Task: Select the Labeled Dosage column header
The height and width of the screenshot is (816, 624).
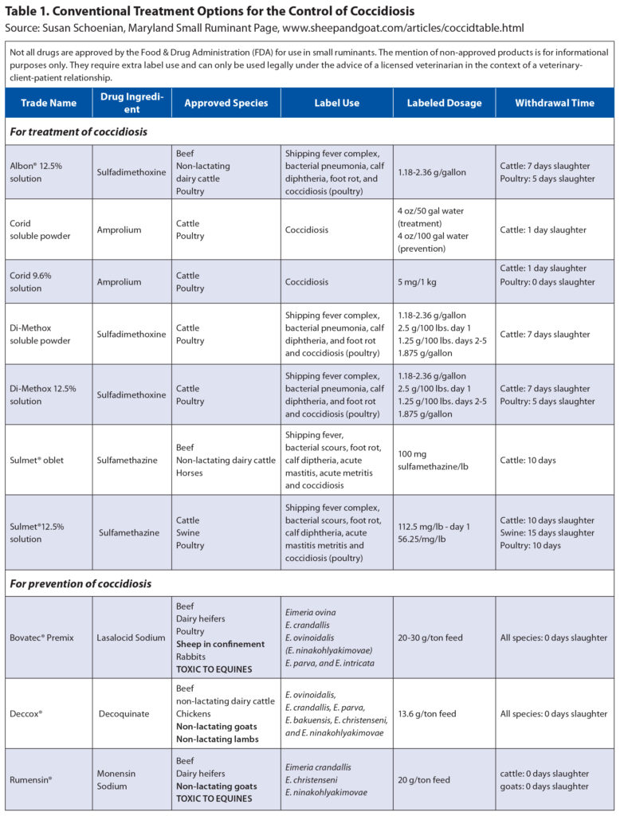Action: pyautogui.click(x=444, y=103)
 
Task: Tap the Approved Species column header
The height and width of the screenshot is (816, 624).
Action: pyautogui.click(x=226, y=103)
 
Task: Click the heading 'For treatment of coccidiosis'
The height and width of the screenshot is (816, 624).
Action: pyautogui.click(x=78, y=131)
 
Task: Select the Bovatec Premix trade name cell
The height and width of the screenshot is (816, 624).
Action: pyautogui.click(x=44, y=637)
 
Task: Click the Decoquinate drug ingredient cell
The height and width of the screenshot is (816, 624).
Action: pyautogui.click(x=124, y=714)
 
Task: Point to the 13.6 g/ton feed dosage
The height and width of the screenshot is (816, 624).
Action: pyautogui.click(x=429, y=714)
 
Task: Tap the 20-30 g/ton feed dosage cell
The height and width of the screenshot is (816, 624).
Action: pyautogui.click(x=430, y=637)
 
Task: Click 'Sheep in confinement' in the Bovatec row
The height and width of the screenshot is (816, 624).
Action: pyautogui.click(x=220, y=644)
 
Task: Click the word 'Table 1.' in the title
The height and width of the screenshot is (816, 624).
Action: pyautogui.click(x=29, y=12)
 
